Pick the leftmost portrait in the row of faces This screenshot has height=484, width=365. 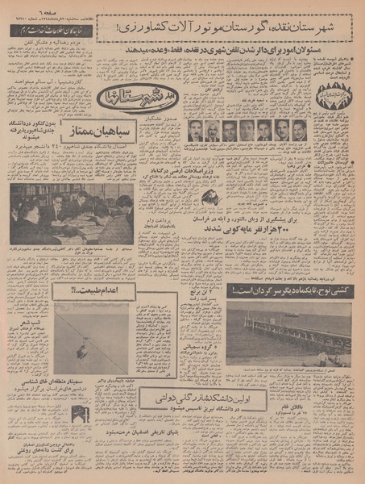[195, 131]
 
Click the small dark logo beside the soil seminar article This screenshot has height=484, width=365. [80, 412]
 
